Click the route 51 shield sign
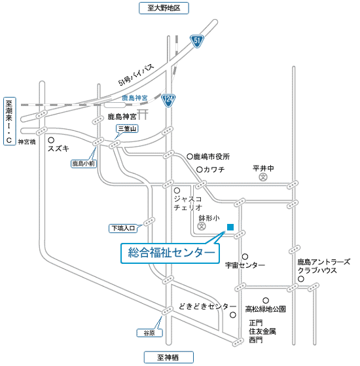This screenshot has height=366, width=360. [x=197, y=41]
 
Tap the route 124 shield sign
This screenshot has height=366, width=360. [x=168, y=100]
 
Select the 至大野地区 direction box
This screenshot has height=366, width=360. [x=164, y=8]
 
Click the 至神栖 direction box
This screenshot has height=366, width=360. [x=168, y=357]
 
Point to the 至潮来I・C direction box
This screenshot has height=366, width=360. [x=10, y=121]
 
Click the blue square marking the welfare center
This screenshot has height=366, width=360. [x=230, y=227]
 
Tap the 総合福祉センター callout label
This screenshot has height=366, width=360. [x=170, y=253]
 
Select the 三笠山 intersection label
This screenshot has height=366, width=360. [x=127, y=128]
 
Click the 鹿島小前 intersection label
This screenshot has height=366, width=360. [x=84, y=164]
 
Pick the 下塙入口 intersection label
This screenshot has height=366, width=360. [x=123, y=229]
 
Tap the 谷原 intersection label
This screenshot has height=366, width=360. [x=149, y=333]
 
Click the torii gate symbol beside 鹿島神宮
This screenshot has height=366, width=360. [x=143, y=115]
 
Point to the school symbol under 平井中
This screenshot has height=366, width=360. [x=263, y=177]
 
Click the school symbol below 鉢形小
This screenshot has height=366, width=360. [x=202, y=226]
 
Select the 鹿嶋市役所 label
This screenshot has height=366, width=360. [x=211, y=156]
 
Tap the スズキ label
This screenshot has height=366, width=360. [x=58, y=148]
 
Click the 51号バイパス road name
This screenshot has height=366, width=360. [x=136, y=75]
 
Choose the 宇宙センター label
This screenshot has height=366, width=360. [x=245, y=265]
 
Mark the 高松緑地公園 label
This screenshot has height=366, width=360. [x=266, y=309]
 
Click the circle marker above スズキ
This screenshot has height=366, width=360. [x=51, y=140]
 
